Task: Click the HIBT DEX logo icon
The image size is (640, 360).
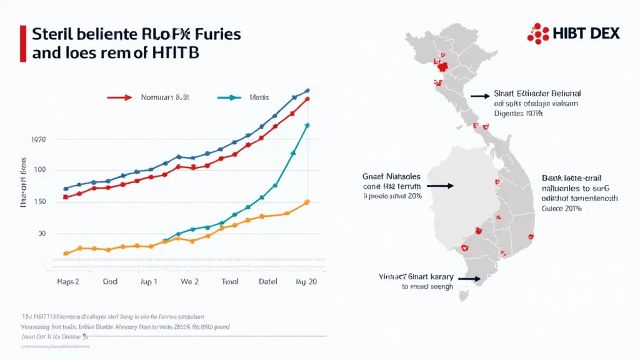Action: [x=538, y=32]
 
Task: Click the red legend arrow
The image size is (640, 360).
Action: [x=119, y=97]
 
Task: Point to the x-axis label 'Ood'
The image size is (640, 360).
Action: [x=110, y=282]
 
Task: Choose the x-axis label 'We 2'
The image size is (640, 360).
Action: [x=189, y=282]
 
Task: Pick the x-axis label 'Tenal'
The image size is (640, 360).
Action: [x=230, y=282]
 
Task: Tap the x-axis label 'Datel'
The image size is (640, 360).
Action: [x=267, y=282]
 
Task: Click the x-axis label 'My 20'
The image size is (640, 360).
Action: [x=306, y=282]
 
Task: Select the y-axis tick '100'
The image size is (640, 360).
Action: [x=40, y=170]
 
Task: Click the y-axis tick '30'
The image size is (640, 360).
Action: [x=42, y=233]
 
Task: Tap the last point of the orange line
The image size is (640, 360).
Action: [x=307, y=202]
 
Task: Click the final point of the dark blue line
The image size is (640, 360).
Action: [x=307, y=91]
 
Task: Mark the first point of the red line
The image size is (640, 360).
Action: [x=66, y=197]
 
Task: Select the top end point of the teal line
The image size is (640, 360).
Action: [x=307, y=125]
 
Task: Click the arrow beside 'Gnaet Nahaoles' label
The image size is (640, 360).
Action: [x=440, y=186]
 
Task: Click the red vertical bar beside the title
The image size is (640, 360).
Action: [x=23, y=44]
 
